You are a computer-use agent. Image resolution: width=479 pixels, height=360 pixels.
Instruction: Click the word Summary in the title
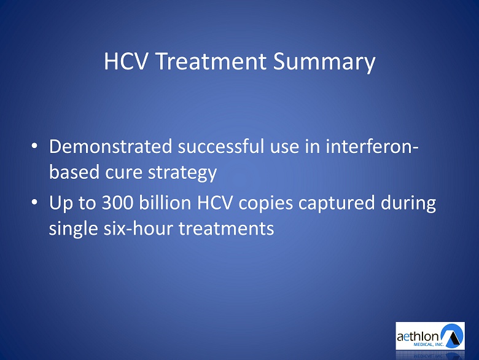[324, 62]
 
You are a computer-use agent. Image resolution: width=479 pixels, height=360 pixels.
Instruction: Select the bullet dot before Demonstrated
[34, 146]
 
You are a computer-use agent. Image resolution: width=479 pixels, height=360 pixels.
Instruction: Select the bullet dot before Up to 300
[34, 202]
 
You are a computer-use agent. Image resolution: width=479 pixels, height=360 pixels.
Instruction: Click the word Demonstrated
[111, 146]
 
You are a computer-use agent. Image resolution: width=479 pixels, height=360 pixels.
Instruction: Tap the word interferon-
[372, 146]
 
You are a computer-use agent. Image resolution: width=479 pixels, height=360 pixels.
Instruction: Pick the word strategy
[182, 173]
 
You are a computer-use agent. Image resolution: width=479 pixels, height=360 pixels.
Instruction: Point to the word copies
[265, 203]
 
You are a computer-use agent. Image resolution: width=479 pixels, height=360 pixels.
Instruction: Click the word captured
[337, 203]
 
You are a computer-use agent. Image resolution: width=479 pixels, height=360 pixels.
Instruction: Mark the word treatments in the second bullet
[227, 229]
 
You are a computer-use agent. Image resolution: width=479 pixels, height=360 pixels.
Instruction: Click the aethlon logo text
[418, 337]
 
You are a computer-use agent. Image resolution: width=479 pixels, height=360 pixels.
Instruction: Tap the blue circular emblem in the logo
[451, 335]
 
